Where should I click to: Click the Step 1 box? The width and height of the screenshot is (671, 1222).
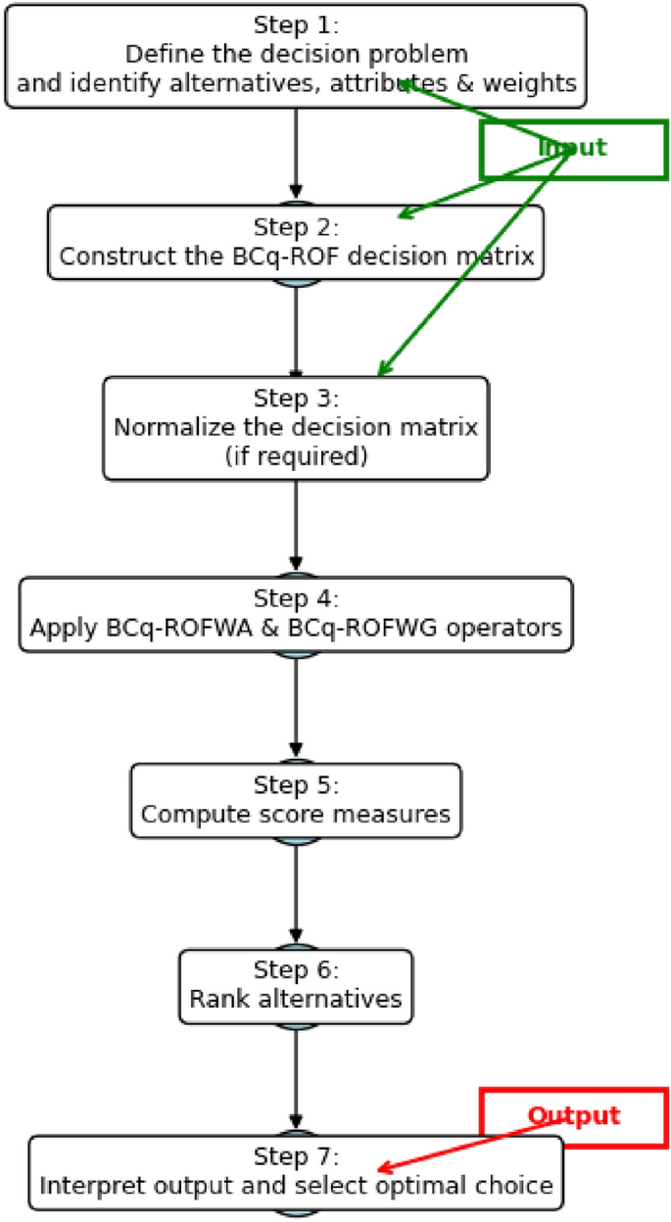(296, 56)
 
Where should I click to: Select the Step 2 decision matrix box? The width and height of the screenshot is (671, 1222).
(296, 242)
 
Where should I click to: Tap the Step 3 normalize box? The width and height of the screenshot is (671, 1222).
(296, 428)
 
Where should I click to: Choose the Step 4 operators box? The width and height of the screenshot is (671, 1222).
(296, 614)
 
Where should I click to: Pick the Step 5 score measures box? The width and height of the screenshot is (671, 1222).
(296, 800)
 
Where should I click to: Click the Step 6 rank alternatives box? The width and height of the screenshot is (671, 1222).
(296, 986)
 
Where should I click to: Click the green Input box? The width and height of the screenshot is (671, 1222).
(573, 149)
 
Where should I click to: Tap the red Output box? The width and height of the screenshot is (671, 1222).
(573, 1116)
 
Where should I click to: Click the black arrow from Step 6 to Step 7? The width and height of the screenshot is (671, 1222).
(296, 1077)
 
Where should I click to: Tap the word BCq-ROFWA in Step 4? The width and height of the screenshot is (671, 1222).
(154, 628)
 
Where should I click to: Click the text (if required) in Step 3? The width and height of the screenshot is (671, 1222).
(296, 455)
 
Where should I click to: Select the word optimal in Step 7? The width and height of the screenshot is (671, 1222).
(445, 1186)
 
